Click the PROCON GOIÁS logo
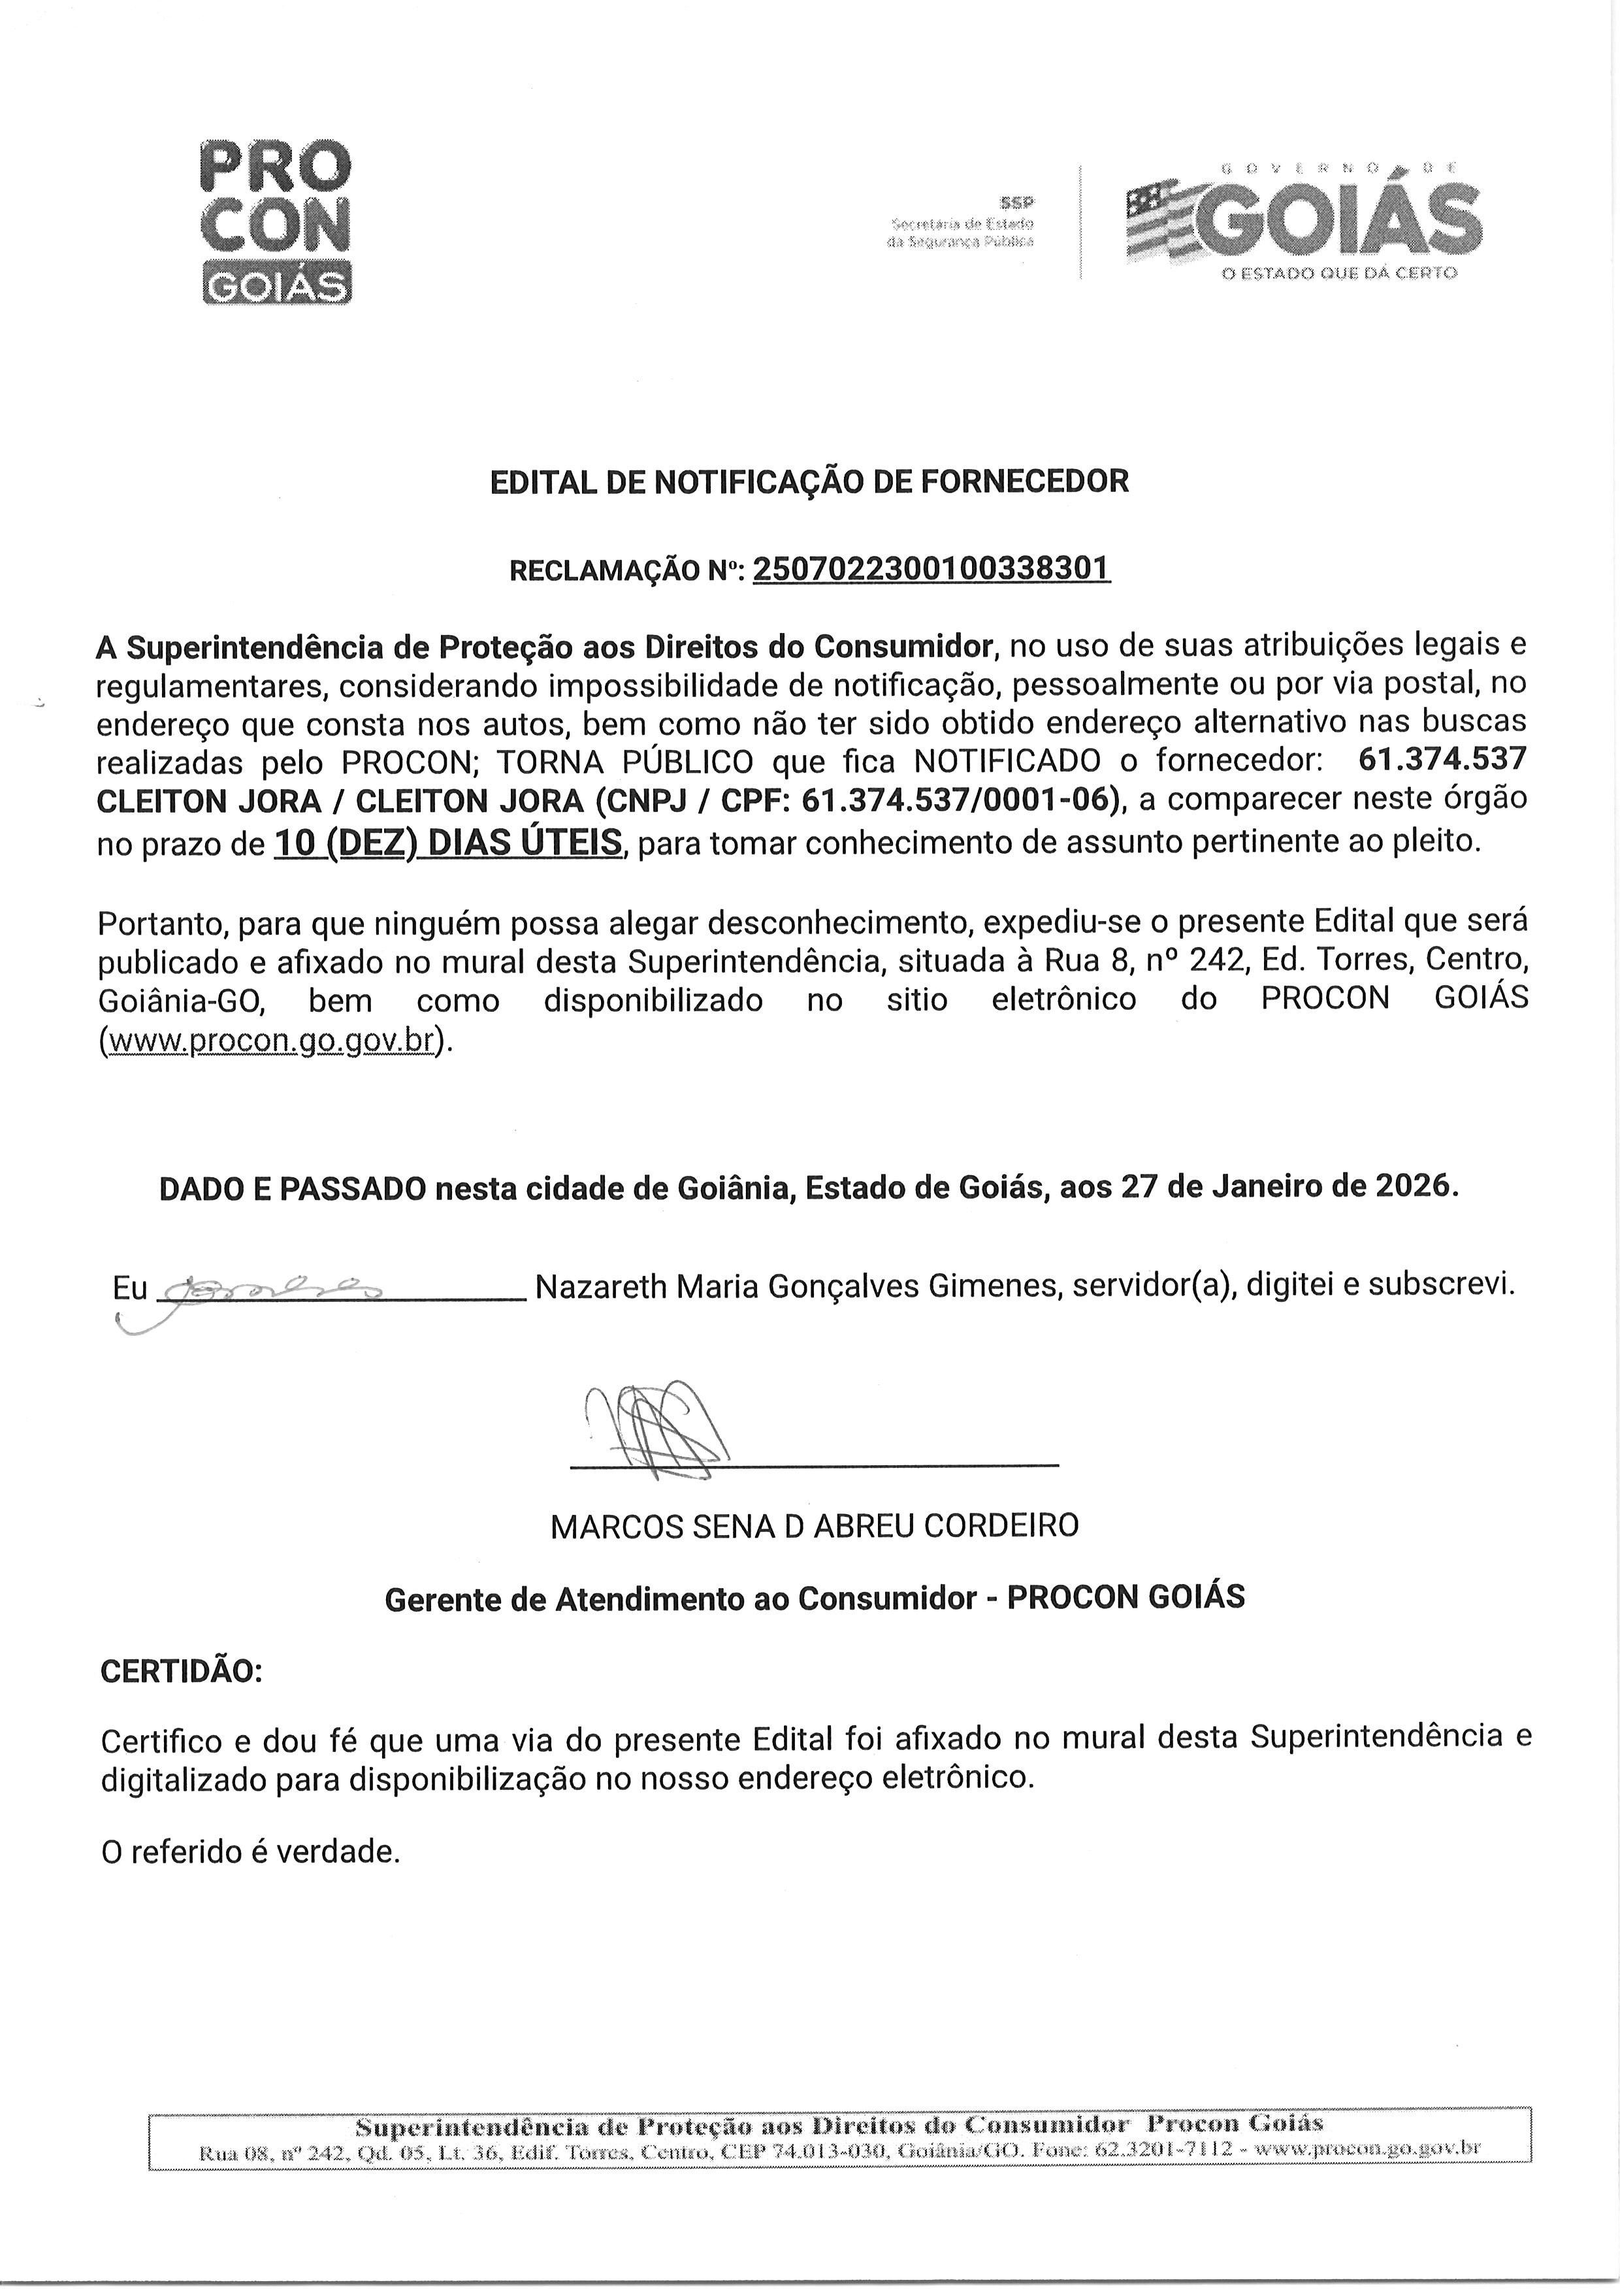coord(276,221)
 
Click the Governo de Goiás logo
coord(1303,221)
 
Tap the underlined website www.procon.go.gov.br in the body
coord(270,1040)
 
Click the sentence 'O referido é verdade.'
coord(250,1852)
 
